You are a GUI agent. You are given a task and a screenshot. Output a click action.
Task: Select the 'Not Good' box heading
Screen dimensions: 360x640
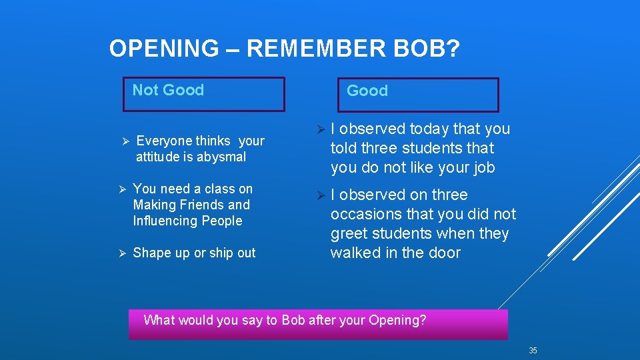168,90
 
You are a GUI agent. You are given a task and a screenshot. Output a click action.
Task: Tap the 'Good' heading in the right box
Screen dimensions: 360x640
367,91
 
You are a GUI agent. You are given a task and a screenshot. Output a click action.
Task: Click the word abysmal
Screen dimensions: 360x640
222,157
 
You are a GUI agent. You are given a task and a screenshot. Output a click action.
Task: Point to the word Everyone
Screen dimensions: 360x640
164,141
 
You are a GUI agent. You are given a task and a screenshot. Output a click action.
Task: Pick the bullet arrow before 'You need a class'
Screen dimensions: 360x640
121,189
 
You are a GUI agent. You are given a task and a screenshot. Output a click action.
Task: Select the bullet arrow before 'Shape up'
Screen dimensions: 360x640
121,253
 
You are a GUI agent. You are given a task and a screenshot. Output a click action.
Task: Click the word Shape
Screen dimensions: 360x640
151,253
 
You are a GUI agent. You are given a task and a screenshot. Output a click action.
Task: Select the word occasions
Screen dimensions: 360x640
365,215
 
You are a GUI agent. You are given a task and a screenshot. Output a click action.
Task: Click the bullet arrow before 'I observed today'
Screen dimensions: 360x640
321,129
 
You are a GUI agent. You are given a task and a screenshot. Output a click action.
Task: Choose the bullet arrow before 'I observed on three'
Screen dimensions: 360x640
321,195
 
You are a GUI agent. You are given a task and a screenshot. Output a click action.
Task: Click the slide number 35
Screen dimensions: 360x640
533,351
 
